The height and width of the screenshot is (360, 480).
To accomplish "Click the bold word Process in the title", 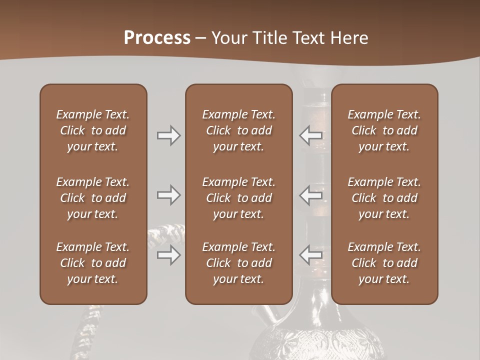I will coord(157,37).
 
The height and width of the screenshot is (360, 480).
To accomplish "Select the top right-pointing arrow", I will coord(168,135).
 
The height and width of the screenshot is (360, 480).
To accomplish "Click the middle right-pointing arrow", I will coord(168,195).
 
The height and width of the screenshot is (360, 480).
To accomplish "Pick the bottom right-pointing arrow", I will coord(168,255).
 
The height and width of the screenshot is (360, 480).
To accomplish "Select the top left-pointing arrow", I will coord(310,135).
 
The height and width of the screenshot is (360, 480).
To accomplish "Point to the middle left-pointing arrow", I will coord(310,195).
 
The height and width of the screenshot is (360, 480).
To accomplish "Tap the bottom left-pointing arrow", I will coord(310,255).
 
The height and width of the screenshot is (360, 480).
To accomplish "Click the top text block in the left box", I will coord(93,130).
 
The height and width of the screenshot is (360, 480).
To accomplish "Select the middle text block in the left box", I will coord(93,198).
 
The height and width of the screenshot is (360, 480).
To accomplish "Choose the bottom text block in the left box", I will coord(93,263).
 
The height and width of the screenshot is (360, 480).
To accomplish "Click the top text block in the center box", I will coord(238,130).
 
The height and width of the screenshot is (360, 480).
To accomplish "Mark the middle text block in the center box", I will coord(238,198).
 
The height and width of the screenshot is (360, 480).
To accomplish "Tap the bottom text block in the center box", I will coord(238,263).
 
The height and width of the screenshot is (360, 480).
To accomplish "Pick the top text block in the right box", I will coord(384,130).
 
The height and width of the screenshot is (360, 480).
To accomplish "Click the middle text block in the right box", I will coord(384,198).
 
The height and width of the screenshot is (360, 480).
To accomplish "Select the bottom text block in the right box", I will coord(384,263).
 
